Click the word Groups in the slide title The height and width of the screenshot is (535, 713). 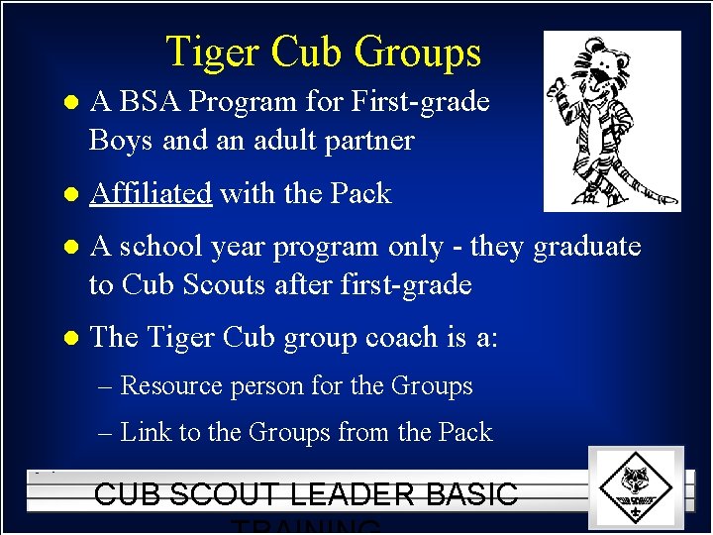(419, 52)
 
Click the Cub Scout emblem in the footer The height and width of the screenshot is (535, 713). (635, 486)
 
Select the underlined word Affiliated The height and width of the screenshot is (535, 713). (151, 193)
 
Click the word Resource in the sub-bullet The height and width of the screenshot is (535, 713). (170, 385)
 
